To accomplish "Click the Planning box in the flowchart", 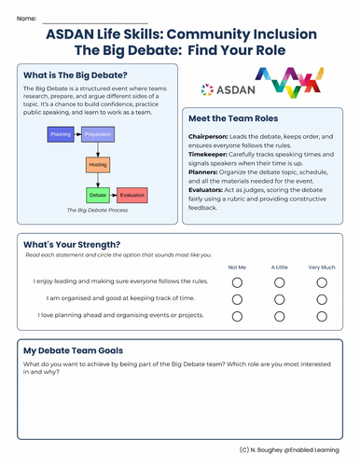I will [x=62, y=134].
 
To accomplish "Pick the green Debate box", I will [x=98, y=196].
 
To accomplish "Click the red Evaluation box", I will [x=132, y=196].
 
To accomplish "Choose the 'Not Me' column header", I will [x=237, y=267].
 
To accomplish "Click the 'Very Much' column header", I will [x=322, y=267].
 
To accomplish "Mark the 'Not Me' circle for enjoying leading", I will [x=237, y=282].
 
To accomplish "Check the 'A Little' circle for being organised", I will [x=280, y=299].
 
